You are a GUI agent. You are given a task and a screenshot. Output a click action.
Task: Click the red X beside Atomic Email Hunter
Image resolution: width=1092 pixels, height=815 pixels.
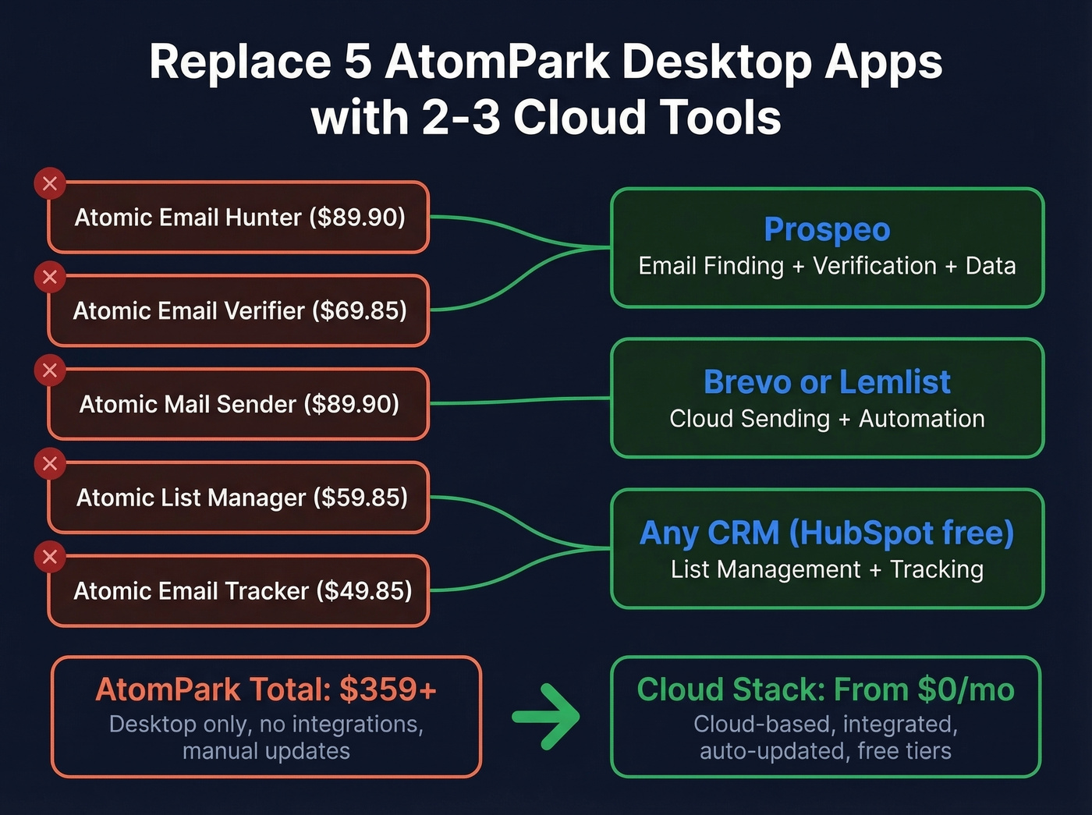[x=50, y=184]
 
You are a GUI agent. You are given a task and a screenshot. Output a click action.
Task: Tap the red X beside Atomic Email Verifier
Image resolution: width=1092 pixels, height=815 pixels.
[x=50, y=277]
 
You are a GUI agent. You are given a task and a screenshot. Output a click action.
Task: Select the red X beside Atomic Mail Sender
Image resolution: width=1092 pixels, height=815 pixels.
[x=50, y=370]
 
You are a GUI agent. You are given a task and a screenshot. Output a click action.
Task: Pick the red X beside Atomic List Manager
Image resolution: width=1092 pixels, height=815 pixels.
[x=50, y=464]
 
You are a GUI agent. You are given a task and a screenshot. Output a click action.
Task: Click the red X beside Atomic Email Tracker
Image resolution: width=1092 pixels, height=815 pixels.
[x=50, y=557]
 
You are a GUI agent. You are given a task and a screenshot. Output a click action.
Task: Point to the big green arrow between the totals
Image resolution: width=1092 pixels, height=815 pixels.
[x=547, y=716]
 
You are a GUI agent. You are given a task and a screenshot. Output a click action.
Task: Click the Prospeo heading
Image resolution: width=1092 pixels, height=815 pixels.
[x=827, y=229]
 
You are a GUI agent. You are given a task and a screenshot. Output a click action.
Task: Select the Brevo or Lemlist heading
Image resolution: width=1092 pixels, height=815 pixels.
[x=827, y=382]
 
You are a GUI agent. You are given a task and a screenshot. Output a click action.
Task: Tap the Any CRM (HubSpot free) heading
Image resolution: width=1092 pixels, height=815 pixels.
[x=827, y=533]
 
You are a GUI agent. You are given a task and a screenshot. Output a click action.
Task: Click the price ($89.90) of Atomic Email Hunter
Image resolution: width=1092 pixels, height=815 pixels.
[x=357, y=217]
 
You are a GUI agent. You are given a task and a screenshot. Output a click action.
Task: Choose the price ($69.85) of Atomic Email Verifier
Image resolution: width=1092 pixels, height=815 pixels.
[x=360, y=310]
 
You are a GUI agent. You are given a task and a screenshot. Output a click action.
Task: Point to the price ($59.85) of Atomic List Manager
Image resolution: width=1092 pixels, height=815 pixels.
[x=360, y=498]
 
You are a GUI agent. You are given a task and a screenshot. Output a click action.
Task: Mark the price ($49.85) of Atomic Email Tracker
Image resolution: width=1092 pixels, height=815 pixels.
[x=364, y=590]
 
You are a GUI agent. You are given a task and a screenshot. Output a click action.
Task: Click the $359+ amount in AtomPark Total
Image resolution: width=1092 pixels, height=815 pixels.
[x=388, y=689]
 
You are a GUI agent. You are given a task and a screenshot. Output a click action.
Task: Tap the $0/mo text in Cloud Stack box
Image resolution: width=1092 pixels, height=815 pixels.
[x=966, y=689]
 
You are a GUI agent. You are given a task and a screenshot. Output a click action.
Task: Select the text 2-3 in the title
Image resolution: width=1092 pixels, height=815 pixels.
[x=460, y=118]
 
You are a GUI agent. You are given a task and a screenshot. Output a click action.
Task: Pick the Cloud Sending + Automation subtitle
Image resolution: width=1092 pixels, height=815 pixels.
[x=827, y=419]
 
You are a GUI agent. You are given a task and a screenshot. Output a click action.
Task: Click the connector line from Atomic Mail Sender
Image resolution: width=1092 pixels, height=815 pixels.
[x=520, y=401]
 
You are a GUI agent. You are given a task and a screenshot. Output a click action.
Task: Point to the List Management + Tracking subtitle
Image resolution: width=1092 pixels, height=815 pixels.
[x=827, y=569]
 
